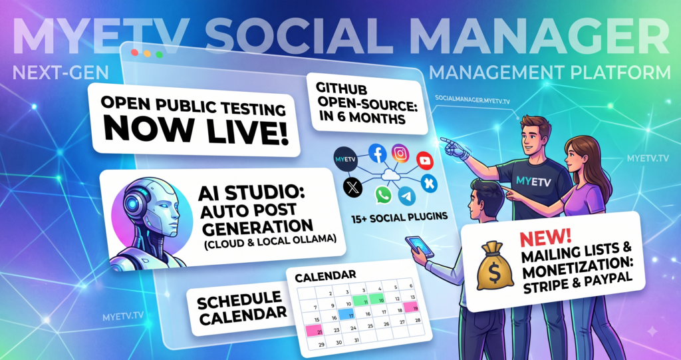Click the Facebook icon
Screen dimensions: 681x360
(378, 154)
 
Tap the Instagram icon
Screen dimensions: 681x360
(400, 153)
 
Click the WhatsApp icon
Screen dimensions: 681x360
(384, 195)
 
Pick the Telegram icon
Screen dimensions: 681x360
(406, 196)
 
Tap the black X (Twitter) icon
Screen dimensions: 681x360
(352, 188)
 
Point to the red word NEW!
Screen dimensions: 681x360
(545, 238)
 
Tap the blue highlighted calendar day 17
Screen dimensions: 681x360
(347, 314)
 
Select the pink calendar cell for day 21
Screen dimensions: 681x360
(315, 331)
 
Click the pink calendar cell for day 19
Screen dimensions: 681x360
(410, 307)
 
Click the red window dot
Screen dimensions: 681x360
(134, 53)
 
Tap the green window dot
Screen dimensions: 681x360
(159, 55)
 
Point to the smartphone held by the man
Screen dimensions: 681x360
(419, 247)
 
